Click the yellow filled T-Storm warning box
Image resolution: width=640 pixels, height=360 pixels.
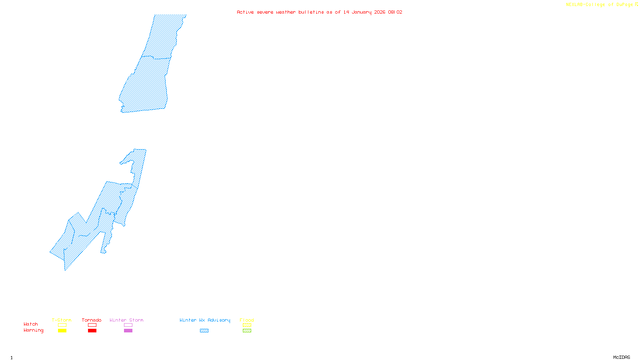(62, 331)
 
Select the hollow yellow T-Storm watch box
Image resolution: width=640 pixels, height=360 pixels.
(62, 325)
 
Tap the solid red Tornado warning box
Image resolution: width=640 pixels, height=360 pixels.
(92, 331)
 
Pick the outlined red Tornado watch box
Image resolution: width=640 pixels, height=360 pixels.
(92, 325)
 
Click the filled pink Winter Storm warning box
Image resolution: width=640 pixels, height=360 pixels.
(128, 331)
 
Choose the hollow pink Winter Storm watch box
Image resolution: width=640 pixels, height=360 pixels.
(128, 325)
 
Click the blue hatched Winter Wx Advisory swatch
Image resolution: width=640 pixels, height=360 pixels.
(204, 331)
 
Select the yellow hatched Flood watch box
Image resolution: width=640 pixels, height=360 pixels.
(247, 325)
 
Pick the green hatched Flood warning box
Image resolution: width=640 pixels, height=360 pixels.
(247, 331)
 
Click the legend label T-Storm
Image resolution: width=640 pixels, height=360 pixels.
(62, 320)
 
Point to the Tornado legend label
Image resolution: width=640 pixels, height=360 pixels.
(92, 320)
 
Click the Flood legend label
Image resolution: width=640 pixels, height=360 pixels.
(247, 320)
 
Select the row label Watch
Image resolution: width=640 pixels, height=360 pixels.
(31, 324)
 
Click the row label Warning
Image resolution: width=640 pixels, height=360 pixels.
(33, 330)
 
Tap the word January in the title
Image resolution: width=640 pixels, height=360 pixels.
(362, 12)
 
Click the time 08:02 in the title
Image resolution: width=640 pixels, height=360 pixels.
(395, 12)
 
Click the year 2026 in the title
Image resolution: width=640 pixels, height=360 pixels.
(380, 12)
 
